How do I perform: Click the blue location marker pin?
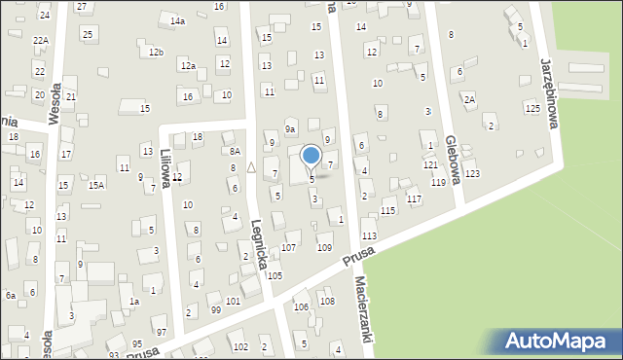click(311, 156)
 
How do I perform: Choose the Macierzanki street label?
click(362, 313)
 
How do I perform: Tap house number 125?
click(531, 108)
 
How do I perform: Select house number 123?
click(472, 173)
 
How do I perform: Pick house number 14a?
click(177, 20)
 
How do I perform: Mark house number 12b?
click(156, 52)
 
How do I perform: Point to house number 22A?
click(40, 40)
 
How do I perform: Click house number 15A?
click(95, 185)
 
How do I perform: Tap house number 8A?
click(235, 151)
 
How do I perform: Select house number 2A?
click(469, 99)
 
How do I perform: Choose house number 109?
click(324, 247)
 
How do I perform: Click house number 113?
click(369, 236)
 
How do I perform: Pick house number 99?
click(215, 309)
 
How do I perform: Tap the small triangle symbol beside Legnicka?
click(250, 167)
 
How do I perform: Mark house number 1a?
click(135, 302)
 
